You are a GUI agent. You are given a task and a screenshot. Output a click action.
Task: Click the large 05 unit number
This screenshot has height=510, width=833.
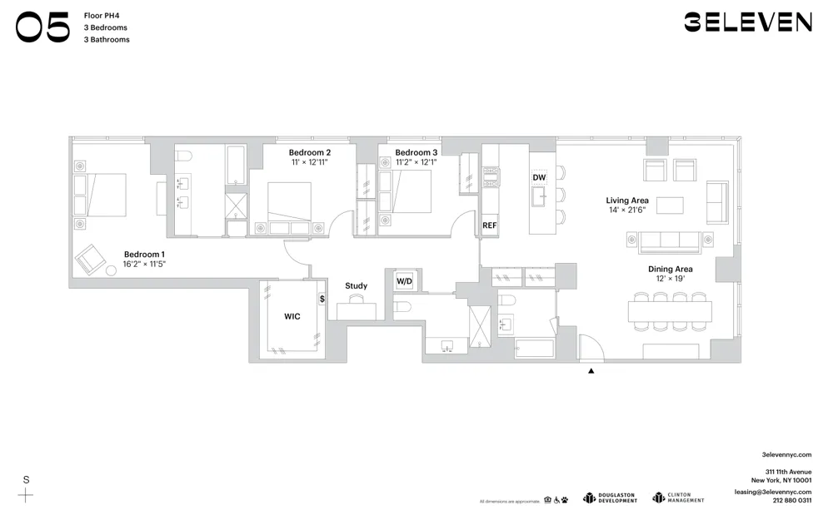42,27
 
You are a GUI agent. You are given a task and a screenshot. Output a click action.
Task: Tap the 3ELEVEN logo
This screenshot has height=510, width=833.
747,22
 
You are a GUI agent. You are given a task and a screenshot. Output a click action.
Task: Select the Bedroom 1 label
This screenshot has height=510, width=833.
144,254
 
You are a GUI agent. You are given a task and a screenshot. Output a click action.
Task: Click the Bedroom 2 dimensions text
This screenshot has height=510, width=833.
310,162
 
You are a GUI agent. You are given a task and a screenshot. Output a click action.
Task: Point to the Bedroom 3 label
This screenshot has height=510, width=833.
416,152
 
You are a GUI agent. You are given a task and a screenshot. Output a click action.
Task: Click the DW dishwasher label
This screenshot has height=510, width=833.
539,178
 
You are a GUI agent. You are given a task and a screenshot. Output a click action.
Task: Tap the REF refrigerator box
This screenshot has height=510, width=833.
489,225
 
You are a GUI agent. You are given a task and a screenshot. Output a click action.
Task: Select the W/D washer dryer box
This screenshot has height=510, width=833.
404,281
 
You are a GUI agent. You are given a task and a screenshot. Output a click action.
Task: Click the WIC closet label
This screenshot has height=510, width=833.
292,316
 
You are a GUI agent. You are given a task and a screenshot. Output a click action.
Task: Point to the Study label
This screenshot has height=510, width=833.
356,286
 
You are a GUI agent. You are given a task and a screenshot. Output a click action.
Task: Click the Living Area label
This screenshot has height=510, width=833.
627,201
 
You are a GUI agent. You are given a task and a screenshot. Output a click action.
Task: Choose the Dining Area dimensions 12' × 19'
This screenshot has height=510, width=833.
671,279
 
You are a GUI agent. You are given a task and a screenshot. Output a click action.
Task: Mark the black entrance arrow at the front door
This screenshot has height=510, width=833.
591,370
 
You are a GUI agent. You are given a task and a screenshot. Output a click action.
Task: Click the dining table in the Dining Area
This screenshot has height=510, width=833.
671,311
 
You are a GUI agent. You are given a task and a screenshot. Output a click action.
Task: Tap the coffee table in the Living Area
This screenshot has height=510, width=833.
669,205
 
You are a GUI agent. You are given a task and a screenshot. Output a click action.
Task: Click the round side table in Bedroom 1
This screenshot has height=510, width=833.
111,271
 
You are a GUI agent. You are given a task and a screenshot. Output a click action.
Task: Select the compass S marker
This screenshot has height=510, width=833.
27,480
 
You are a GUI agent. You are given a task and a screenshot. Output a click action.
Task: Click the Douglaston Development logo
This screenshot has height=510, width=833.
610,498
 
